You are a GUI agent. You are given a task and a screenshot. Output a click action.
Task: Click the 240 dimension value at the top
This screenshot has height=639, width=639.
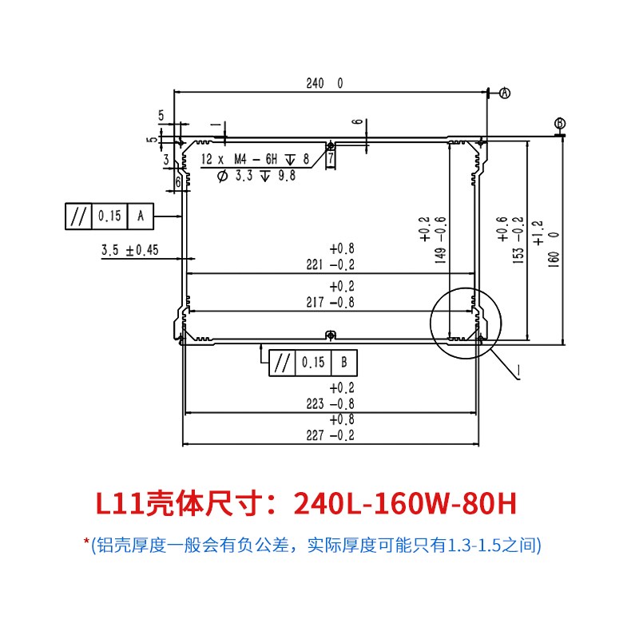click(315, 83)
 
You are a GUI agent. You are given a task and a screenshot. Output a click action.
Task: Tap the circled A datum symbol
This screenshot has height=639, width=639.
click(505, 93)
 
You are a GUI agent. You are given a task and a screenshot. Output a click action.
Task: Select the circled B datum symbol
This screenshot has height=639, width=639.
click(561, 123)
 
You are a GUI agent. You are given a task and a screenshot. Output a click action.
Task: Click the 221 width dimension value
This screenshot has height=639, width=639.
click(315, 265)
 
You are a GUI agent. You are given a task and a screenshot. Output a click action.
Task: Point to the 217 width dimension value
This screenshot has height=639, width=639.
click(315, 303)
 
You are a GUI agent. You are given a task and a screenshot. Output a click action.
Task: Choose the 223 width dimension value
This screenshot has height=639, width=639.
click(315, 404)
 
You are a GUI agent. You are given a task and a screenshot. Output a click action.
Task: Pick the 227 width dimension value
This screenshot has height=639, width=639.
click(315, 435)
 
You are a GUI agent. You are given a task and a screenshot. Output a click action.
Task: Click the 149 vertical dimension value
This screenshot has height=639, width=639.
click(441, 256)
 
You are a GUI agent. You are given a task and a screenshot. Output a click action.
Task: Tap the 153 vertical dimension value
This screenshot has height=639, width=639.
click(518, 256)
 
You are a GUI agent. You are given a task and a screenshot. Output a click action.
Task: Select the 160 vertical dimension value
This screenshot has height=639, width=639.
click(554, 259)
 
